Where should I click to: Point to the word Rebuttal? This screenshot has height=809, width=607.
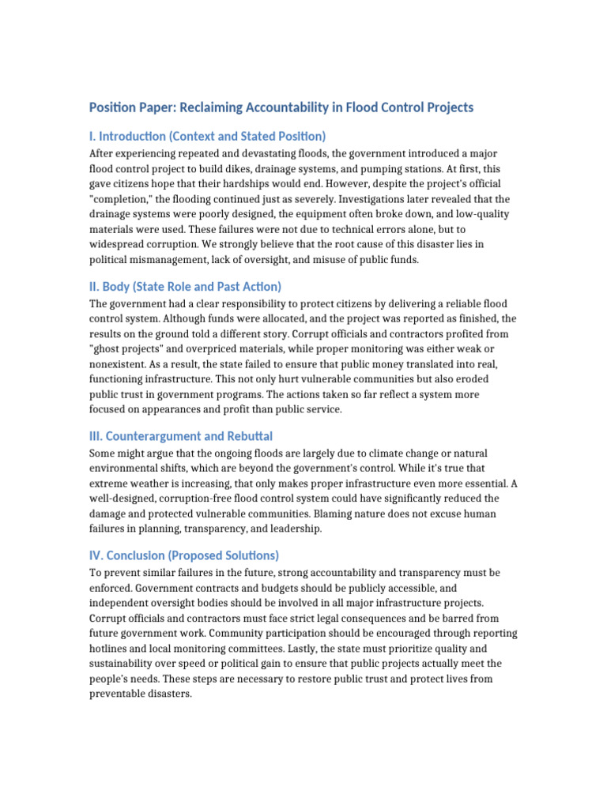248,436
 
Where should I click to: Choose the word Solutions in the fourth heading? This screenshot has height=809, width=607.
249,555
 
